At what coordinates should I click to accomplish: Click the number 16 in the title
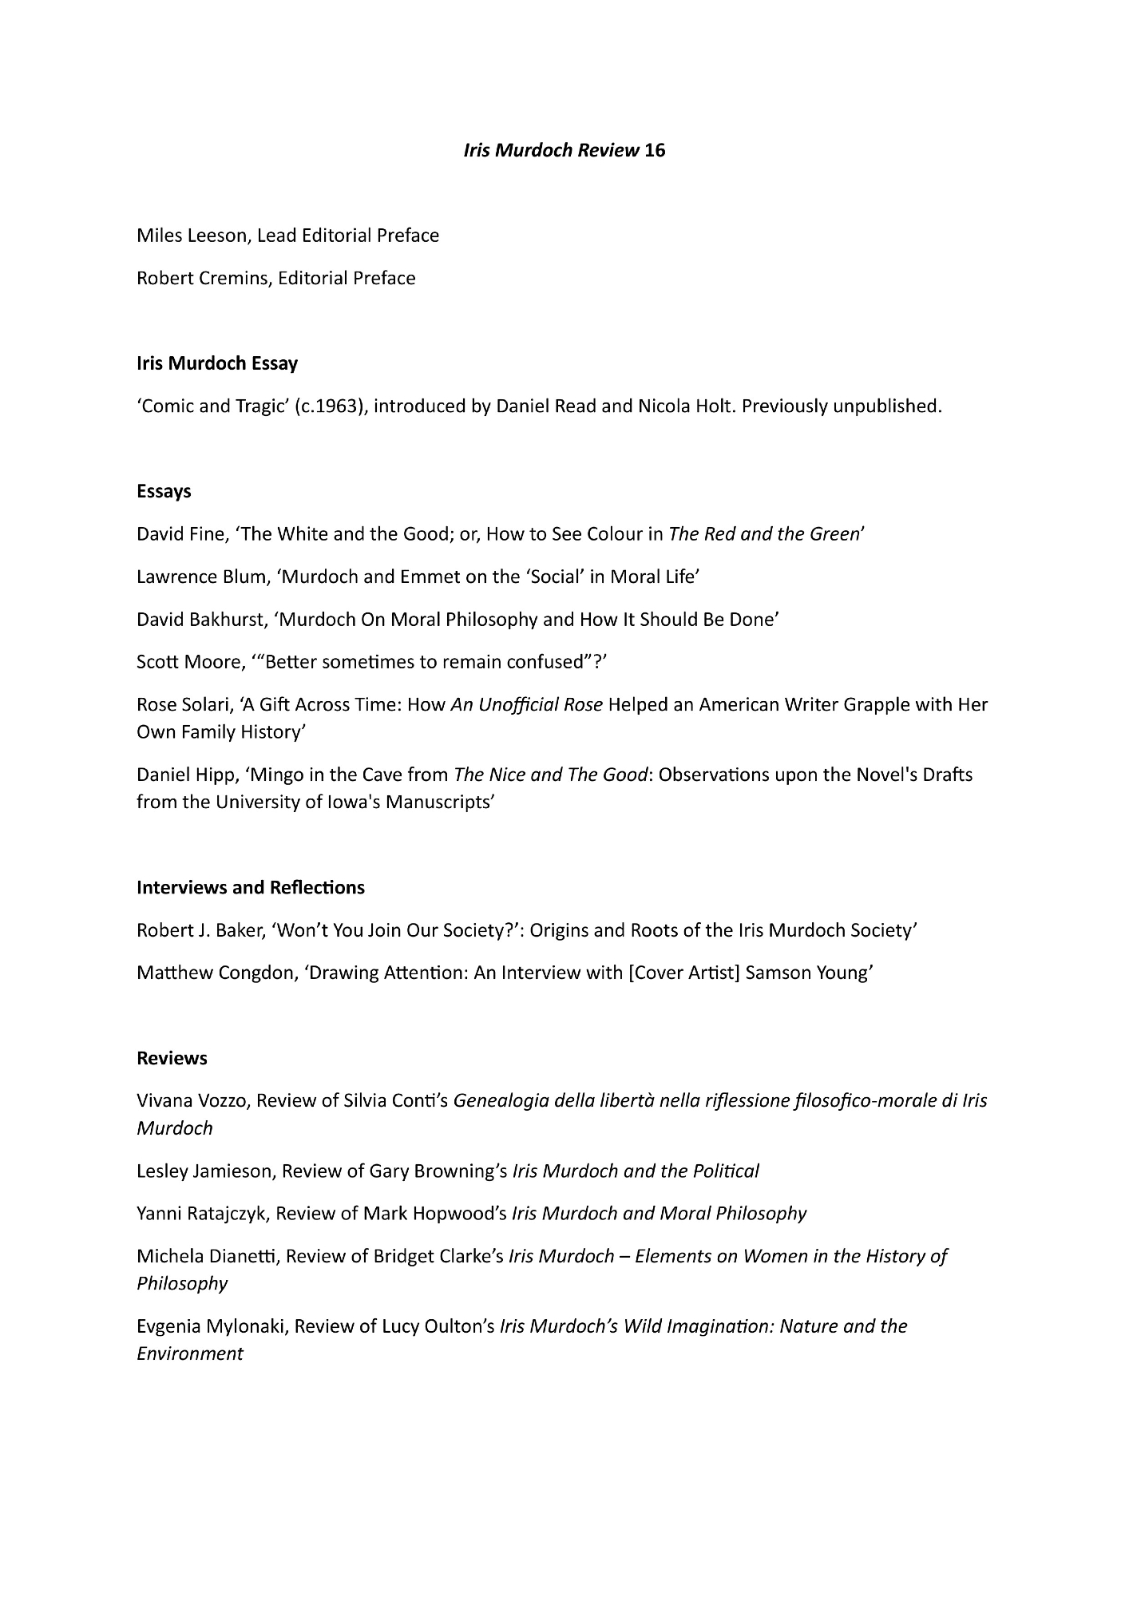(654, 150)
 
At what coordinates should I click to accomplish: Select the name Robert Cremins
(202, 278)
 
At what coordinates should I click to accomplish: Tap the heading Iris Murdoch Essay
(217, 364)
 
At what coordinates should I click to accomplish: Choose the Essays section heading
(164, 491)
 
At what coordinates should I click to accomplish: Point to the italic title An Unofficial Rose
(526, 705)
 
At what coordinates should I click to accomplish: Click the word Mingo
(283, 775)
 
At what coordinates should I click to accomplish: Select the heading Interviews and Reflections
(251, 888)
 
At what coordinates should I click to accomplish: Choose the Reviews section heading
(172, 1059)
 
